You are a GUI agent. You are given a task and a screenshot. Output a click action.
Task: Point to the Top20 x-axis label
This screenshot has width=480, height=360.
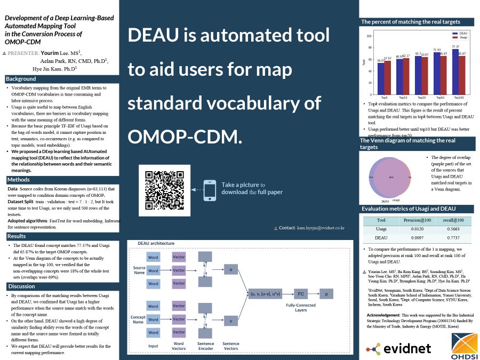coord(421,98)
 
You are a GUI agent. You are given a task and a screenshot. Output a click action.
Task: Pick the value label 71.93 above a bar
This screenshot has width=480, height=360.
coord(437,50)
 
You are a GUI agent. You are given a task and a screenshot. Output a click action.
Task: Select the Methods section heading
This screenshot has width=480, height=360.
coord(19,179)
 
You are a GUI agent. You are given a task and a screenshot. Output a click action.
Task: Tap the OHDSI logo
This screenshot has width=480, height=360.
coord(465,347)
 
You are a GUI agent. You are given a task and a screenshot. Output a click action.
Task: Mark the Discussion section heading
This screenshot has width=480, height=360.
coord(21,286)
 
